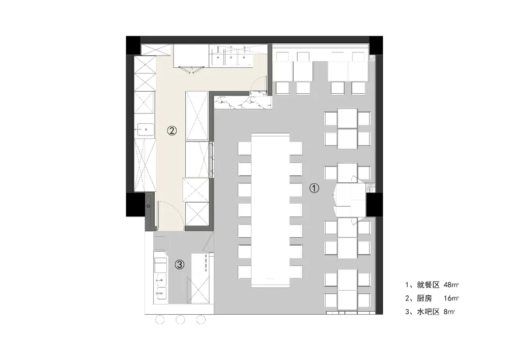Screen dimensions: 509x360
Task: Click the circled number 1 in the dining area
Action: (x=314, y=188)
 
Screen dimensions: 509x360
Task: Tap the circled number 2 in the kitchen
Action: (x=172, y=130)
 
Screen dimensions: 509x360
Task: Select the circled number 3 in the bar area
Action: (x=180, y=265)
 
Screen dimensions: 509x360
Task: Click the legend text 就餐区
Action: (x=428, y=285)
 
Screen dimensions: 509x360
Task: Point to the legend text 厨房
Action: (x=425, y=298)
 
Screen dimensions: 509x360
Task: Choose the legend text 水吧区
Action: (x=428, y=312)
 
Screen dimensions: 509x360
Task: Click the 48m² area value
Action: (x=451, y=285)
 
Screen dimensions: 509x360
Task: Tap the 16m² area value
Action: (x=451, y=298)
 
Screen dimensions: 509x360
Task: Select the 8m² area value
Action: (x=449, y=312)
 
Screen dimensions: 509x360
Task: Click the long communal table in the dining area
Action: (x=270, y=210)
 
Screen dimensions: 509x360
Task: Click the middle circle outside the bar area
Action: (x=180, y=320)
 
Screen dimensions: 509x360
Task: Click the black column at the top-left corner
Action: (x=133, y=45)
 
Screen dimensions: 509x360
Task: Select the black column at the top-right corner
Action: (x=376, y=45)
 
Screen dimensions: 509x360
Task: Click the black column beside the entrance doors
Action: (x=374, y=205)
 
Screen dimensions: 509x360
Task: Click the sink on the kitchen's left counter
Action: (x=145, y=129)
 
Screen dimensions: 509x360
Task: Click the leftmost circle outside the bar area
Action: (x=160, y=320)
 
